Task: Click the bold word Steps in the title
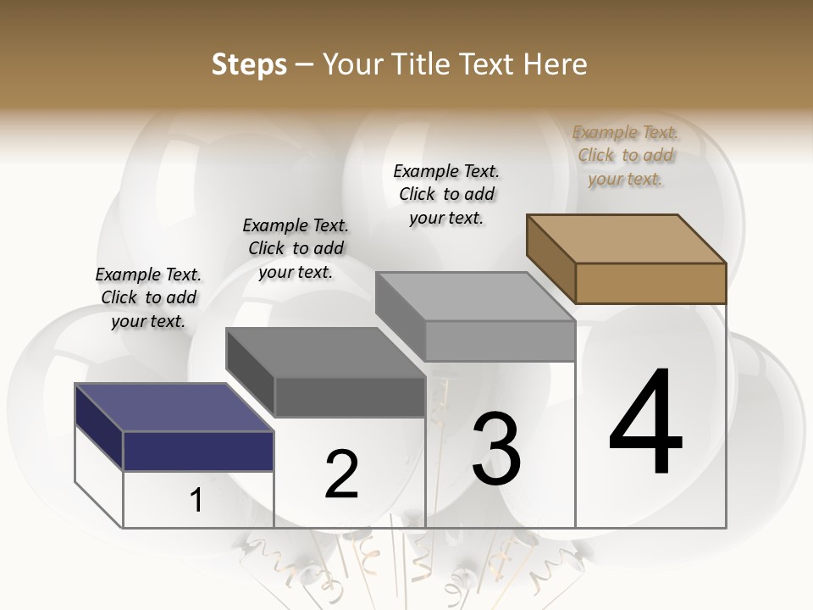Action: (249, 64)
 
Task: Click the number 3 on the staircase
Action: (496, 449)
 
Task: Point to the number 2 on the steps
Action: (341, 474)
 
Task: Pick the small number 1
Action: (196, 501)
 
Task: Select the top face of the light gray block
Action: (475, 297)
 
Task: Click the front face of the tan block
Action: (650, 283)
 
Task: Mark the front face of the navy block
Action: (198, 451)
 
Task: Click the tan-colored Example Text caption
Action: (625, 156)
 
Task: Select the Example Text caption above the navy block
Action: (148, 297)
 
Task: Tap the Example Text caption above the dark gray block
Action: (296, 248)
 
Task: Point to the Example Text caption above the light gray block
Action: (446, 194)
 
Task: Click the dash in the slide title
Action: (304, 64)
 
